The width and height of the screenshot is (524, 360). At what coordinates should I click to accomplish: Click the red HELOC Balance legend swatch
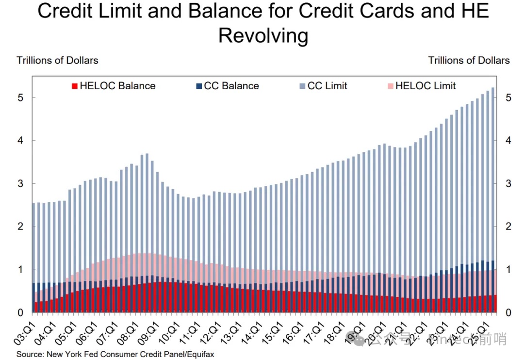[75, 86]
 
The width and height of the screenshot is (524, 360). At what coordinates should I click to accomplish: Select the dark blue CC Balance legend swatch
[198, 86]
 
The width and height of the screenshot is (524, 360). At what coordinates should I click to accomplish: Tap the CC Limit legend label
[327, 86]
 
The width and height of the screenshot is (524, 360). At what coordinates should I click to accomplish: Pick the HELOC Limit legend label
[426, 86]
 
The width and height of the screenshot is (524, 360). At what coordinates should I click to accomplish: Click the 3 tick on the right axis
[507, 183]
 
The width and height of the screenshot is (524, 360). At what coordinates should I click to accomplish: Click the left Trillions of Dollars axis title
[57, 61]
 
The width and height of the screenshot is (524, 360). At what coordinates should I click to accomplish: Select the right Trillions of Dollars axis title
[469, 61]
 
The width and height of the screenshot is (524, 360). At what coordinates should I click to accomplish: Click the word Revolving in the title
[263, 36]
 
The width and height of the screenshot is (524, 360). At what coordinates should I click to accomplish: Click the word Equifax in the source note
[198, 354]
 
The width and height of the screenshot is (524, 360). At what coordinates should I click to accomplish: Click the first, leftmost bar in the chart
[33, 257]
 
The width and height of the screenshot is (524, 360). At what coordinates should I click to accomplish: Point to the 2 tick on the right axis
[507, 226]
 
